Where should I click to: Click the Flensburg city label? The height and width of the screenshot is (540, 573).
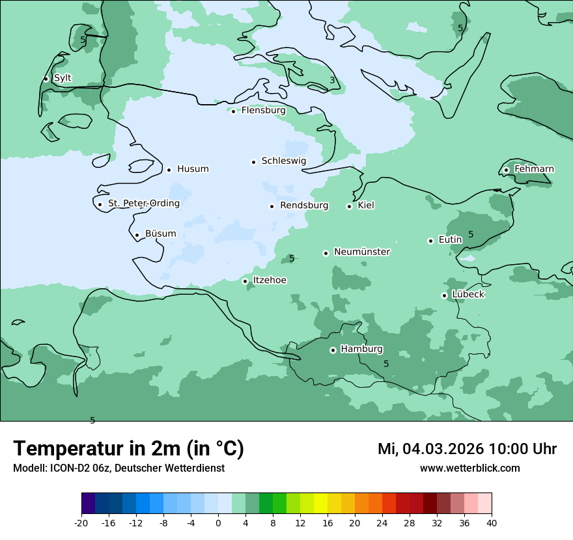point(263,111)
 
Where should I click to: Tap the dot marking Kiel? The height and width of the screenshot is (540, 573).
point(350,206)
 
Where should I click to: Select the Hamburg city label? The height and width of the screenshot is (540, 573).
point(361,349)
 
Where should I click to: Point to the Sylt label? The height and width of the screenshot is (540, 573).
point(63,78)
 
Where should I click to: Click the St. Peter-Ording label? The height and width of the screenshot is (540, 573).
point(143,204)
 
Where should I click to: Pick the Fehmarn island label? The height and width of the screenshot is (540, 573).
point(534,169)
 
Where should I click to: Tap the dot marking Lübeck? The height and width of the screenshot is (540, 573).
point(445,295)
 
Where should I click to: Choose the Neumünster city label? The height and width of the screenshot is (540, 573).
point(361,252)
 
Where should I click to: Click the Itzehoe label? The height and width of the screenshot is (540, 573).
point(269,280)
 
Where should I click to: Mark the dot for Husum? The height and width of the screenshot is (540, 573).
point(169,170)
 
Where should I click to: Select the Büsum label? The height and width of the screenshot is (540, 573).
point(160,234)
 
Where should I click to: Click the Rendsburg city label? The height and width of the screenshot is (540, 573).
point(303,206)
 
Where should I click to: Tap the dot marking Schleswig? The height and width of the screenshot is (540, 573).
point(254,162)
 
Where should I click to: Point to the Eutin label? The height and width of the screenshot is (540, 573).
point(450,240)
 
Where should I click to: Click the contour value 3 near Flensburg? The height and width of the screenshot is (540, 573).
point(332,81)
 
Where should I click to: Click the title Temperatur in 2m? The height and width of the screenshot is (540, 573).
point(128,449)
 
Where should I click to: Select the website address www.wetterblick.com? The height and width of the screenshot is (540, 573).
point(469,468)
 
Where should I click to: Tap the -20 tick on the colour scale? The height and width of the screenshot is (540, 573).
point(81,523)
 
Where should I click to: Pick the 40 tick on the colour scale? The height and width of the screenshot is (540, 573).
point(492,523)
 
